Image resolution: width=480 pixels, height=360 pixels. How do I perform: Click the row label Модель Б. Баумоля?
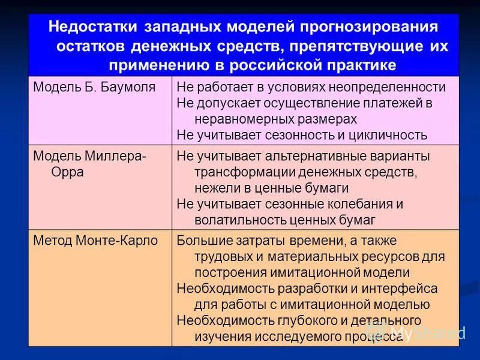94,87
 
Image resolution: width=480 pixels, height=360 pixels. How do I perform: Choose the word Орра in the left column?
64,172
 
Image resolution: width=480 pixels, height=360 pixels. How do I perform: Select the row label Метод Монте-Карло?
95,241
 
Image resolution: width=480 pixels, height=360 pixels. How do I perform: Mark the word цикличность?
385,135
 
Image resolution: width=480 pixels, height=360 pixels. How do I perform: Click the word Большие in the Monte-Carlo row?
204,241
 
